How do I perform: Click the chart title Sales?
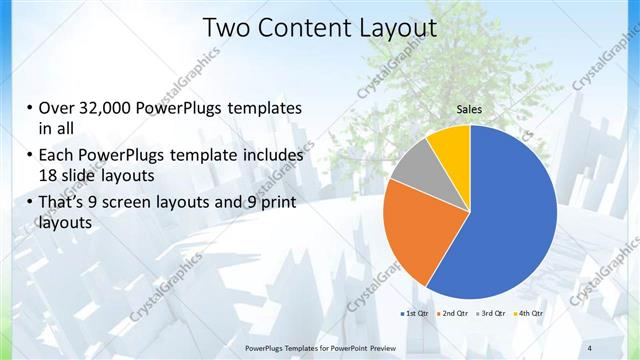[470, 109]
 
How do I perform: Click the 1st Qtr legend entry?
[415, 314]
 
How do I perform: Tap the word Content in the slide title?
[297, 29]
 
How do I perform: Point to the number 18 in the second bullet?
[49, 176]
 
